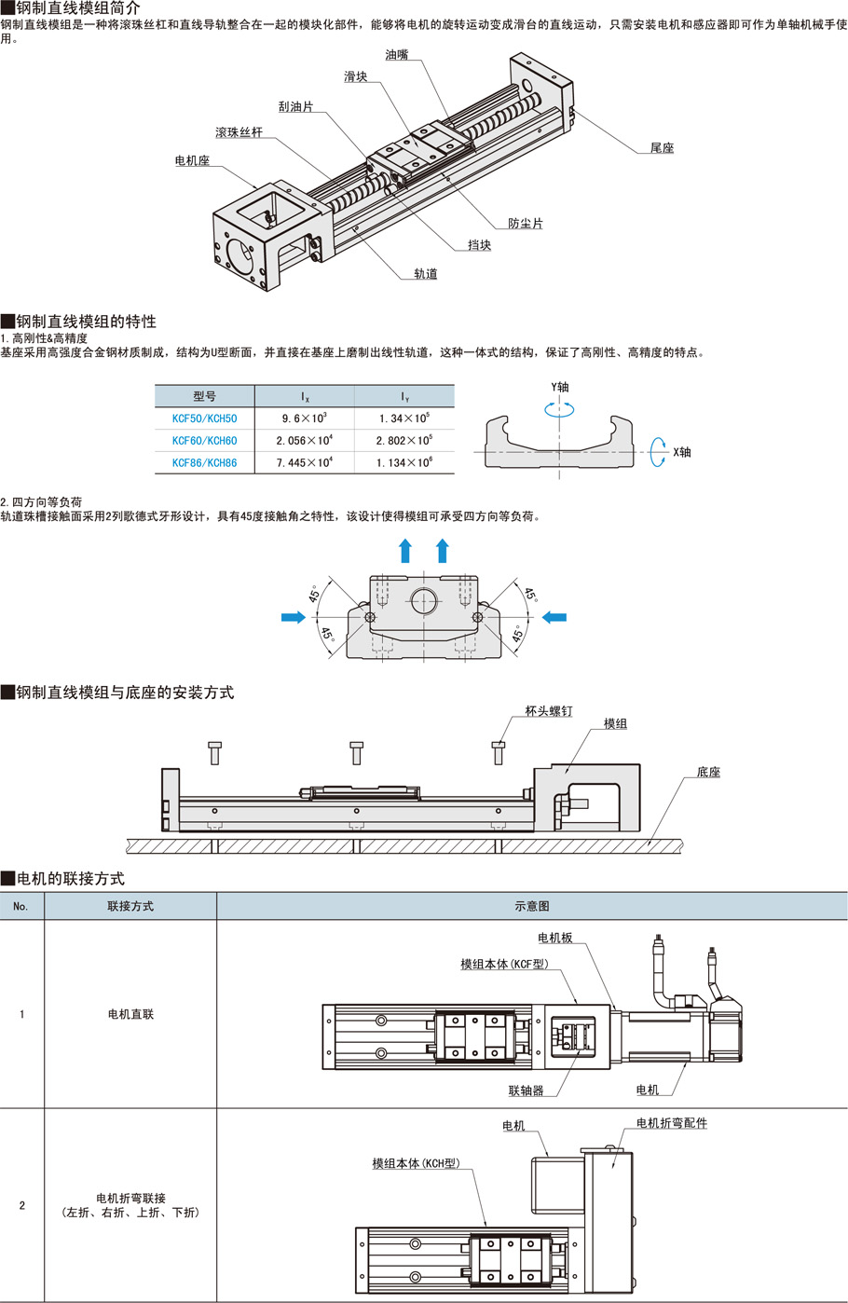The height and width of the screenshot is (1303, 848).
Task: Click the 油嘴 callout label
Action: click(396, 55)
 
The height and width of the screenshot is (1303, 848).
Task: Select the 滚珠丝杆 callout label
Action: click(239, 132)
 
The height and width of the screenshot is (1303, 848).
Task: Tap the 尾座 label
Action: click(662, 148)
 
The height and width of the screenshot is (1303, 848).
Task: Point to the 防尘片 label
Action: click(526, 224)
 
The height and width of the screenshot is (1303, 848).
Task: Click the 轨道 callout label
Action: click(426, 274)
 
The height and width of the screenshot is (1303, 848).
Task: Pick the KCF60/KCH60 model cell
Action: click(204, 441)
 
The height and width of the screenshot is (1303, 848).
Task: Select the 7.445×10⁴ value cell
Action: click(304, 462)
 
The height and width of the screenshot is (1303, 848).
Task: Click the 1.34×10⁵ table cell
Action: click(403, 418)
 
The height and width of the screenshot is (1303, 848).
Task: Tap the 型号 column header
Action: click(204, 396)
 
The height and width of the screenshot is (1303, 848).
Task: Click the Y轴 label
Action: click(559, 387)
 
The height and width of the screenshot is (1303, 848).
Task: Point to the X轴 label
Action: click(682, 452)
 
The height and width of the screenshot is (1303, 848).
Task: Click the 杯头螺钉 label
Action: click(549, 711)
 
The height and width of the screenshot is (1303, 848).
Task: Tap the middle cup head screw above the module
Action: click(356, 751)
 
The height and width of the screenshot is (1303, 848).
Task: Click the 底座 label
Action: click(708, 773)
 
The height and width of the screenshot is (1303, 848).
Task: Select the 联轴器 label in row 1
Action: click(526, 1090)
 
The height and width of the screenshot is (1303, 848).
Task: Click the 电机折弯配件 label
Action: click(671, 1123)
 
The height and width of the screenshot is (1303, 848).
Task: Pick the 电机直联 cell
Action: click(130, 1014)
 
